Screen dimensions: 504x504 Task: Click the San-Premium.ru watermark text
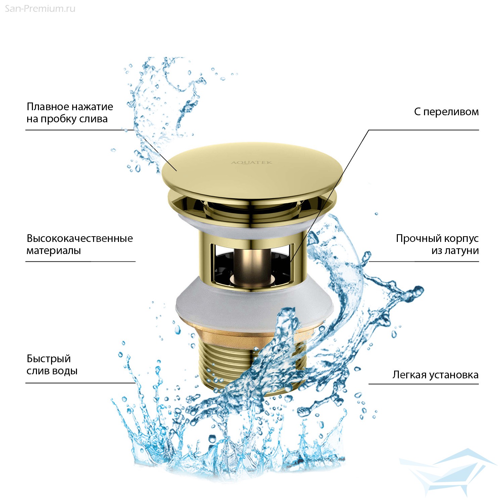40,9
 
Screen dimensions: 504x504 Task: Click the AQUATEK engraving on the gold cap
251,163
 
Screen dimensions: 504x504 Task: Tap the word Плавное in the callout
47,107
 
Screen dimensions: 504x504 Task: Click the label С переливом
446,112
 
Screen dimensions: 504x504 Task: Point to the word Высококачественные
80,239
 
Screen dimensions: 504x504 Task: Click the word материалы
54,251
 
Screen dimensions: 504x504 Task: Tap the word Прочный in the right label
419,239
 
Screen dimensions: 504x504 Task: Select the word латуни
461,251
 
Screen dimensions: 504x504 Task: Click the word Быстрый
49,359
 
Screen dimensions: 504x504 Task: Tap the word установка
452,375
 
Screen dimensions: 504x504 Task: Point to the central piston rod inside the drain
252,265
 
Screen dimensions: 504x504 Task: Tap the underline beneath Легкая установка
424,384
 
